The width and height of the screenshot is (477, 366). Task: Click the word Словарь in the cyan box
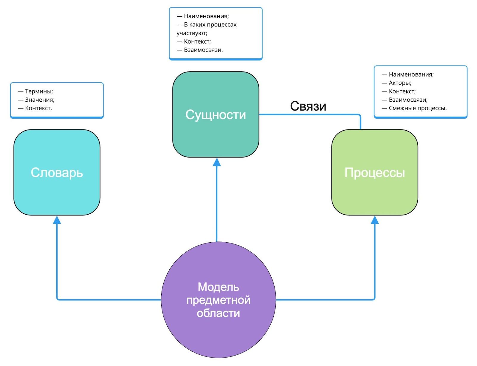(x=57, y=173)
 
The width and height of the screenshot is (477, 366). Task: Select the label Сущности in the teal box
(x=216, y=115)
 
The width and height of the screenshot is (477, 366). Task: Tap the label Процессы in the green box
(x=374, y=173)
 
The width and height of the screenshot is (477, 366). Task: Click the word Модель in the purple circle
(x=218, y=287)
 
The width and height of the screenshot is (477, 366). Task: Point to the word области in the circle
(x=218, y=313)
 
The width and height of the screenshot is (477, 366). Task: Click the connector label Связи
(x=308, y=106)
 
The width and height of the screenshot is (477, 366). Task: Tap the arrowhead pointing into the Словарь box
(x=57, y=220)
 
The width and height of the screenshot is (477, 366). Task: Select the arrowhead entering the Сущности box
(x=217, y=162)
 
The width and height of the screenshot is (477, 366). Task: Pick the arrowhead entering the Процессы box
(x=374, y=220)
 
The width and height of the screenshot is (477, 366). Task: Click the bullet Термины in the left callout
(x=39, y=91)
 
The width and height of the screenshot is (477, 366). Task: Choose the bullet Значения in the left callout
(x=40, y=100)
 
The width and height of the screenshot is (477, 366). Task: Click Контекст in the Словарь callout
(x=38, y=108)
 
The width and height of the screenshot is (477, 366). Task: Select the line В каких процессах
(x=210, y=25)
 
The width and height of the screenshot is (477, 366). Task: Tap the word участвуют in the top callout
(x=192, y=33)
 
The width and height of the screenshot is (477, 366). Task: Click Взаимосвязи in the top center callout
(x=203, y=50)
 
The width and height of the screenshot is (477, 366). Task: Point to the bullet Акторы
(x=400, y=83)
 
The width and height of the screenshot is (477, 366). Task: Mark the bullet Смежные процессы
(x=417, y=108)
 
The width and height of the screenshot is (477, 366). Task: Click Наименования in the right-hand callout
(x=411, y=75)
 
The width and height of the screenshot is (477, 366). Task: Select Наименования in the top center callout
(x=206, y=16)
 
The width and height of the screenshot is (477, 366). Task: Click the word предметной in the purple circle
(x=218, y=300)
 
